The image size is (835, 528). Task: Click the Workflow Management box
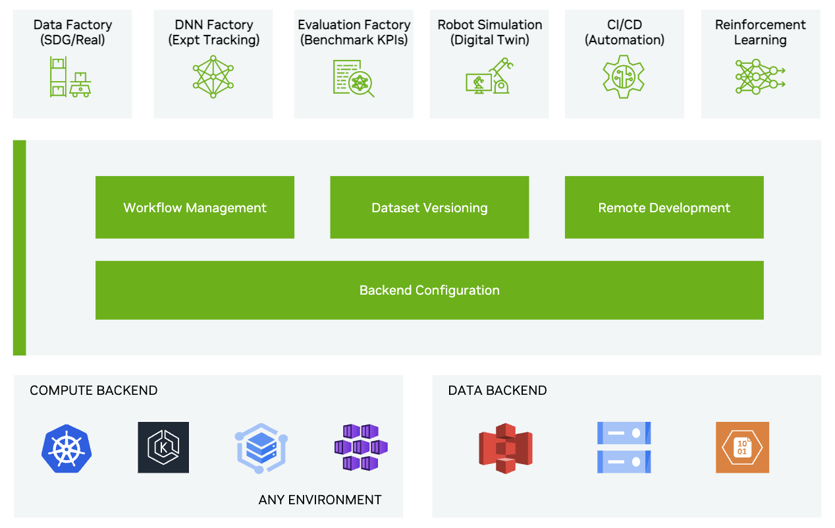point(194,208)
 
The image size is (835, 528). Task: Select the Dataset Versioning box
point(429,208)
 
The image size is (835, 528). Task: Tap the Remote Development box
point(664,208)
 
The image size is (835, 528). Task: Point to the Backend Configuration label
point(429,291)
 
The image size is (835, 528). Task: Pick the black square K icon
point(163,448)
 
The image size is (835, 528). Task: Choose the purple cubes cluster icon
point(360,448)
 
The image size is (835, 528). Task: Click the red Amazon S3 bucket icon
point(506,448)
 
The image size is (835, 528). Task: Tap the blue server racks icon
point(624,448)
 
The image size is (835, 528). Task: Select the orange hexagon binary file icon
point(742,448)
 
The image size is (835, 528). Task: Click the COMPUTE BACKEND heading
point(94,391)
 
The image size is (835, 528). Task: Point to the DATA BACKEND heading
point(497,391)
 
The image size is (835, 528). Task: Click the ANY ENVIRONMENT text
point(320,500)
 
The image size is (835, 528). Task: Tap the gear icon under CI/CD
point(624,76)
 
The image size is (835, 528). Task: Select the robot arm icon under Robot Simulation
point(489,76)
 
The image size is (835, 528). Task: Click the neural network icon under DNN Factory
point(213,76)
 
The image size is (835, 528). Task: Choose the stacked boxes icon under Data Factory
point(70,77)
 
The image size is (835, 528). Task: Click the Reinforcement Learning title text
point(760,32)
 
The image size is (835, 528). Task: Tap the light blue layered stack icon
point(260,448)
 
